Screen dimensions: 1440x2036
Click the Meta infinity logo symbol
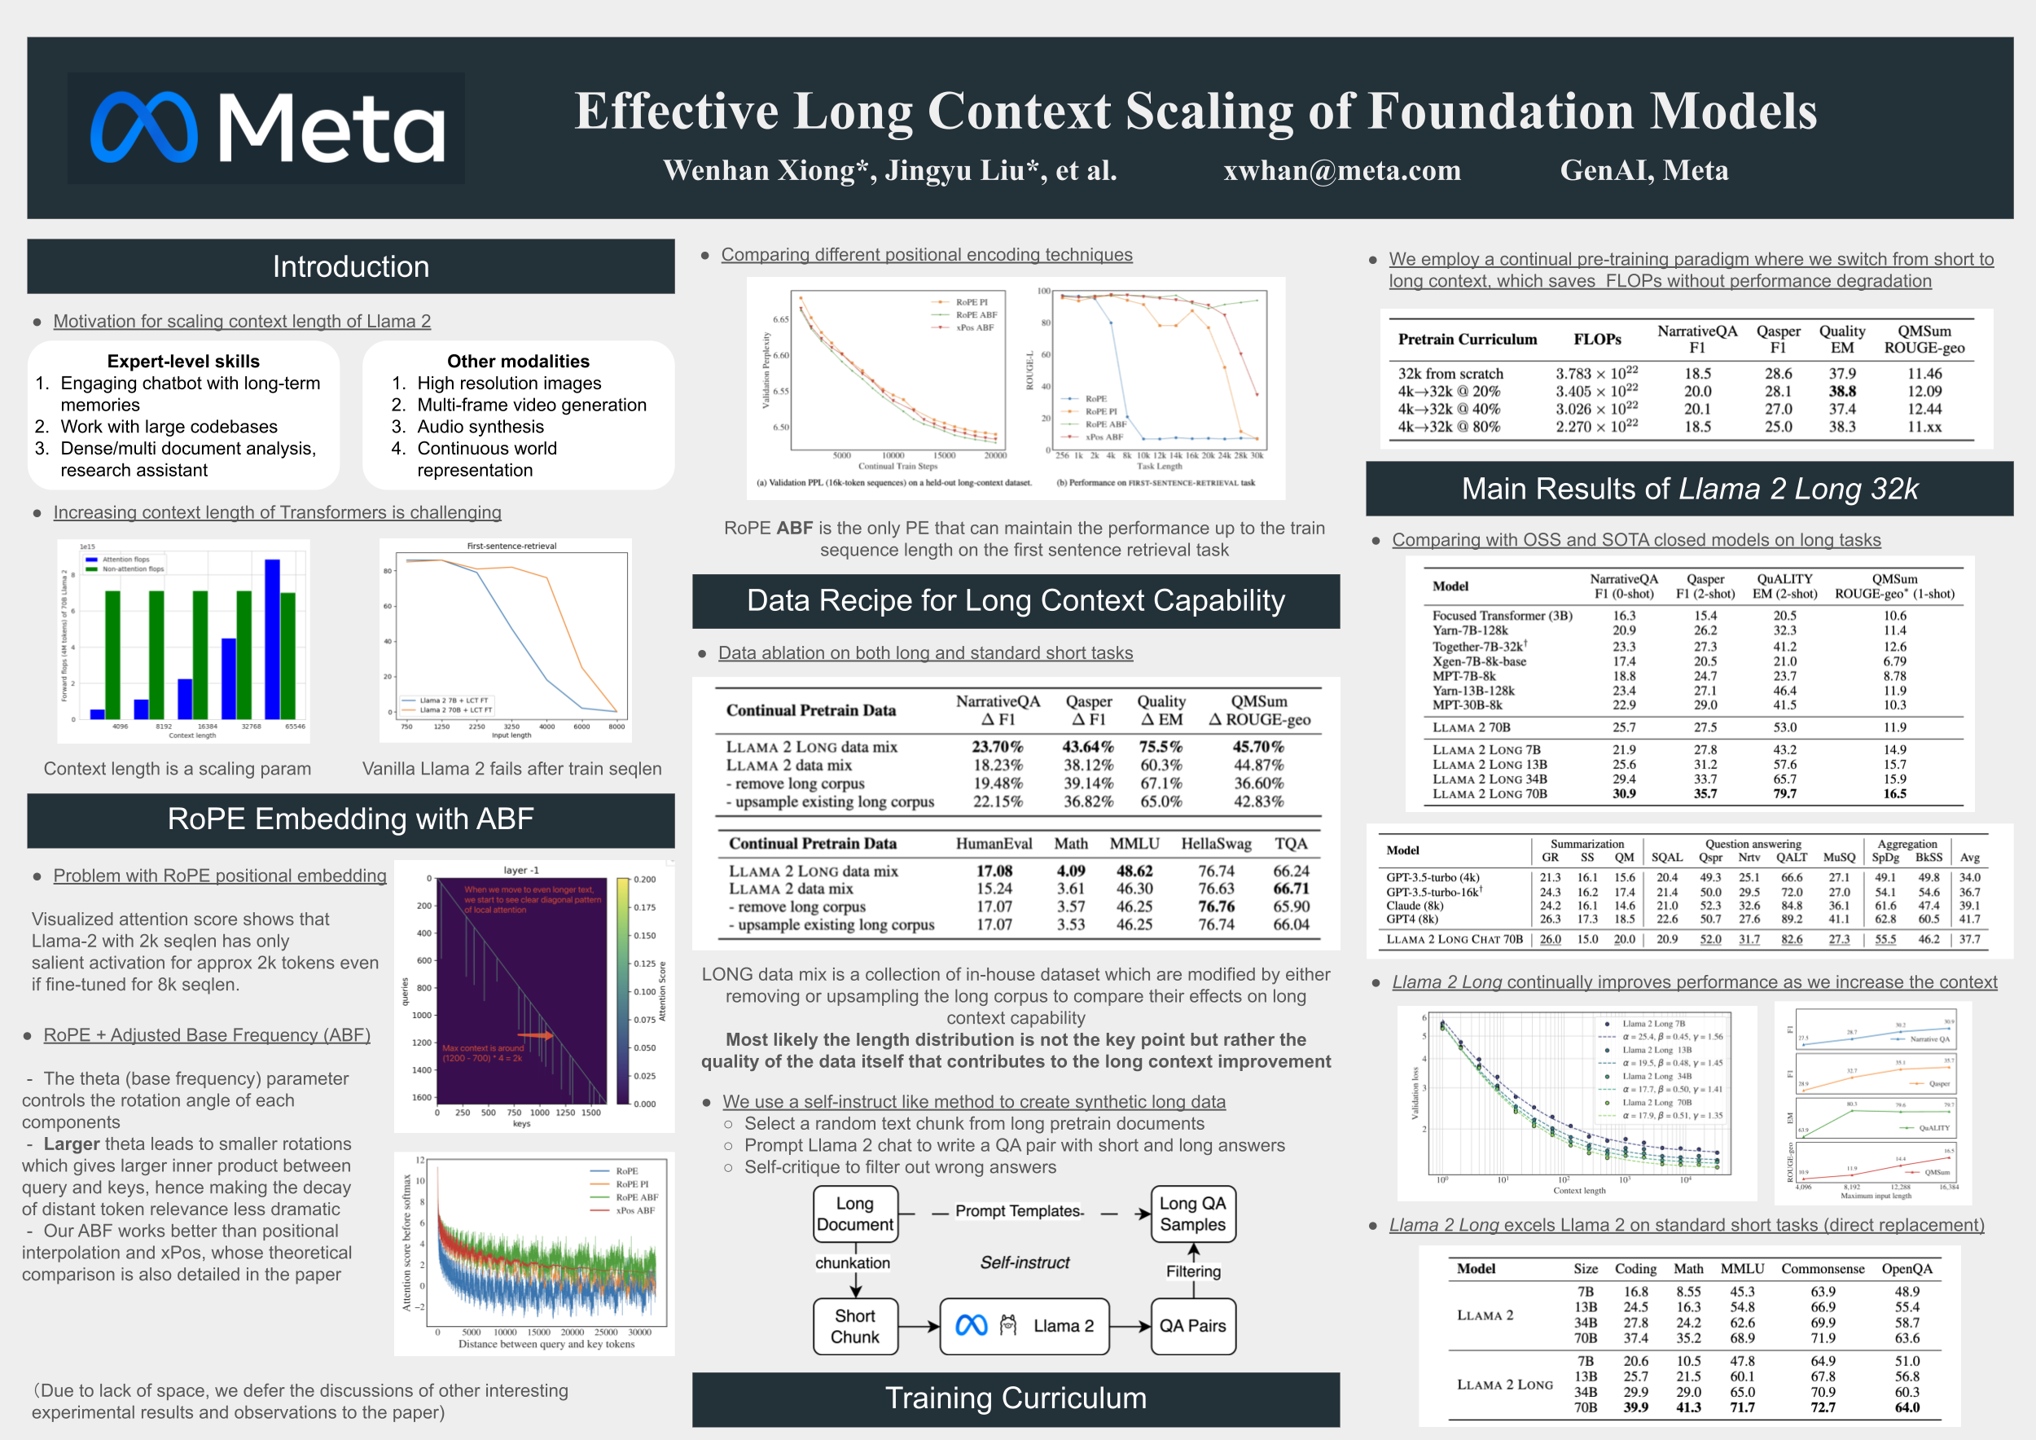pos(143,128)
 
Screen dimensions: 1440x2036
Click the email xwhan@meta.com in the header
pos(1341,170)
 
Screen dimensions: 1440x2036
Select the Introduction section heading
pos(350,267)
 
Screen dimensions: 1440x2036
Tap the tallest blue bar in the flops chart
pos(272,639)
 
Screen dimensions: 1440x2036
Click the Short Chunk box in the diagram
pos(855,1327)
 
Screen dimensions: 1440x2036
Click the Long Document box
pos(855,1214)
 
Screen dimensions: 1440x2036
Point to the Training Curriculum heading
pos(1016,1398)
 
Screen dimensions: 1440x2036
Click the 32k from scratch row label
pos(1450,374)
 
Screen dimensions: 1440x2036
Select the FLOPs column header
pos(1597,340)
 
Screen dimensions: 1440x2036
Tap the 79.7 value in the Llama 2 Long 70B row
pos(1784,794)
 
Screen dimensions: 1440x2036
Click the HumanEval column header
pos(994,844)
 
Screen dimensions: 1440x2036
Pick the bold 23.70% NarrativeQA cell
pos(997,748)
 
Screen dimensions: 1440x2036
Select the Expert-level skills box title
pos(183,362)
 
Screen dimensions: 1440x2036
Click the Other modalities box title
pos(518,362)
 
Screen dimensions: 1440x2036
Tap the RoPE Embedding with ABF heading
pos(350,819)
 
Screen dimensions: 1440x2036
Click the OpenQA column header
pos(1907,1269)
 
